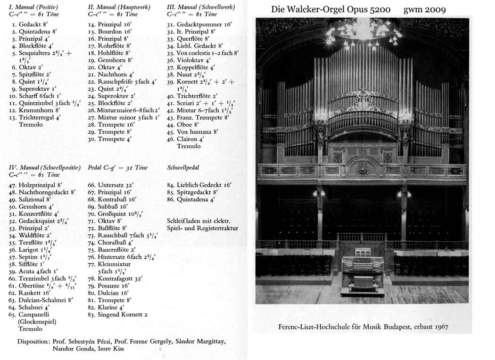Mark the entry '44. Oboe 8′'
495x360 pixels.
(x=187, y=125)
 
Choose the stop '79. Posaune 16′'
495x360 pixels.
(x=113, y=286)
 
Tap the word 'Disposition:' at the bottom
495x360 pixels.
(x=33, y=342)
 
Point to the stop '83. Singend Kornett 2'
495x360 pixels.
(x=118, y=314)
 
